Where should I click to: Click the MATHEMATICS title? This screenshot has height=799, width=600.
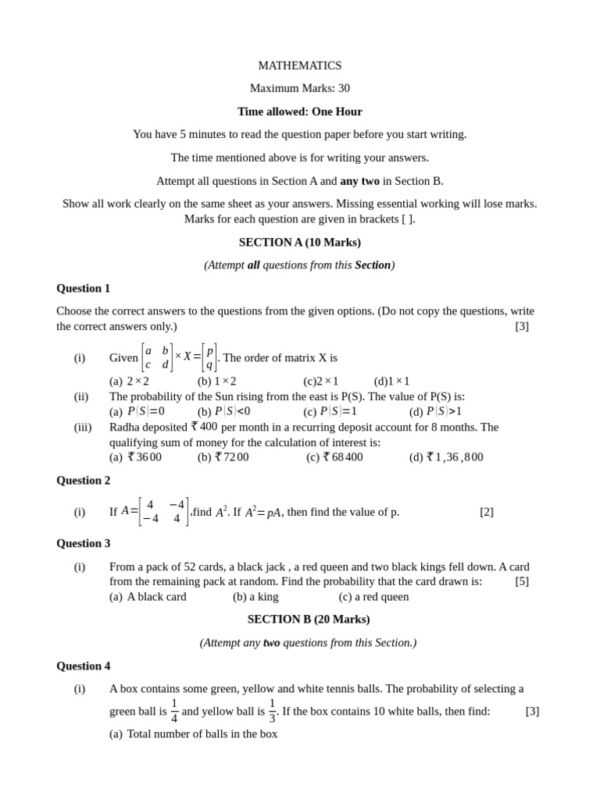click(299, 66)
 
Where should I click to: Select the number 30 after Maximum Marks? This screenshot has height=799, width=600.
click(344, 88)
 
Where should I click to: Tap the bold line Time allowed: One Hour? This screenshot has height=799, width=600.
click(299, 112)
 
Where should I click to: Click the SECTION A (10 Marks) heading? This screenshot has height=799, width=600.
click(299, 242)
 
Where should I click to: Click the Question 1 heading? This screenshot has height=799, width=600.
click(83, 288)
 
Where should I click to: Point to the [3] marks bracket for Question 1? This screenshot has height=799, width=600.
click(522, 326)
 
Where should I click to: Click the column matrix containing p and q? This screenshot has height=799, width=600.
click(209, 357)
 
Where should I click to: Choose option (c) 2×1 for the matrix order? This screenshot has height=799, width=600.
click(321, 381)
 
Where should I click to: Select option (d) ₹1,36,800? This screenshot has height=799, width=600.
click(446, 457)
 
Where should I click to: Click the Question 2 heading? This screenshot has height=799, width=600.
click(83, 480)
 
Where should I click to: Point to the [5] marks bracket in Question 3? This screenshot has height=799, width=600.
click(522, 581)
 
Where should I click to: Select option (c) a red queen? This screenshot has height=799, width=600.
click(373, 597)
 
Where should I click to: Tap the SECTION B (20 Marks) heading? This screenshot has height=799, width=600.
click(309, 619)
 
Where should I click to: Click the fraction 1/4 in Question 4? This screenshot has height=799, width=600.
click(174, 711)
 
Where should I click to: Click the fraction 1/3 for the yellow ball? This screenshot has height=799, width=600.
click(272, 711)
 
